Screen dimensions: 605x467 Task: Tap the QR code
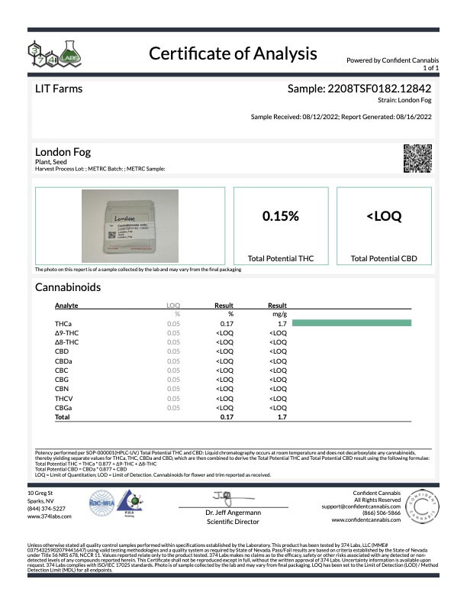(417, 157)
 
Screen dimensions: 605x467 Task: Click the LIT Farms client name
(60, 89)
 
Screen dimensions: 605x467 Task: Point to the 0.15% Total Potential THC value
(280, 216)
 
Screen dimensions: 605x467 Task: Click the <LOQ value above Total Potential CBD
(384, 216)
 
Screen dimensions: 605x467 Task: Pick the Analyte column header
(67, 305)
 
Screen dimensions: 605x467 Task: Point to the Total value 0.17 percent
(226, 418)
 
